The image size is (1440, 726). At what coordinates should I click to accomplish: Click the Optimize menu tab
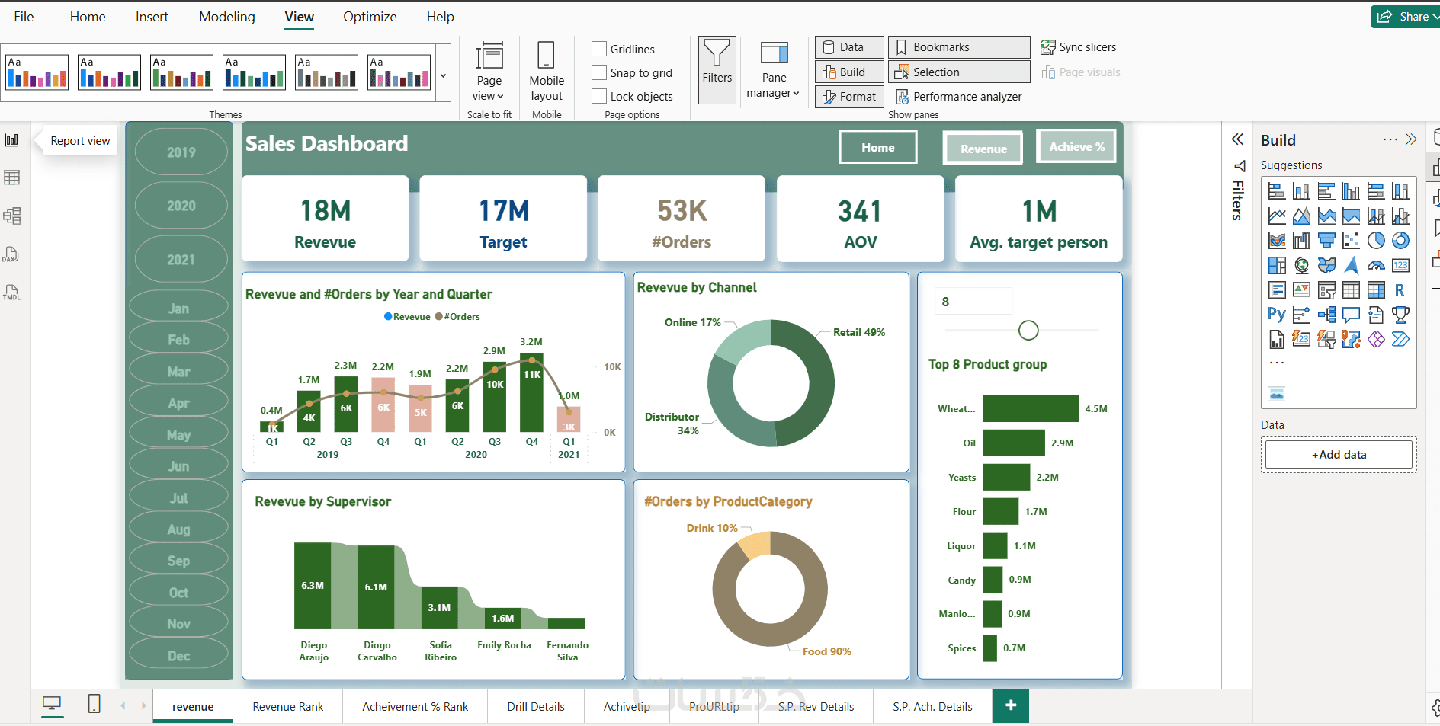pyautogui.click(x=370, y=17)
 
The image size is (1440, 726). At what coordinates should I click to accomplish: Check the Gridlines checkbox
pyautogui.click(x=600, y=49)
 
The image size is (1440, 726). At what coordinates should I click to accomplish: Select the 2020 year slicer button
pyautogui.click(x=181, y=206)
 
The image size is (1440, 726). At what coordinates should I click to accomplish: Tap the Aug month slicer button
pyautogui.click(x=179, y=529)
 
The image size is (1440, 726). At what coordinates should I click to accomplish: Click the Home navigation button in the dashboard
pyautogui.click(x=877, y=147)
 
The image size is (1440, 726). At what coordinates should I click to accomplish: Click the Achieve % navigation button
pyautogui.click(x=1076, y=146)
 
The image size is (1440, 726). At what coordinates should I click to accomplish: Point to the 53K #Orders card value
pyautogui.click(x=682, y=211)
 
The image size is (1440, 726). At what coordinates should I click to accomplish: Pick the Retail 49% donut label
pyautogui.click(x=858, y=332)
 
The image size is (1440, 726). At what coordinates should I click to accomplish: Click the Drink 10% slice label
pyautogui.click(x=712, y=528)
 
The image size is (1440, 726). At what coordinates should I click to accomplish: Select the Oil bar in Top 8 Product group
pyautogui.click(x=1013, y=443)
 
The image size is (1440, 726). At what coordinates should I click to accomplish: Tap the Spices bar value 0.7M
pyautogui.click(x=1014, y=648)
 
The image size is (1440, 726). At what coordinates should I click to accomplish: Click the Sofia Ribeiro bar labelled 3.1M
pyautogui.click(x=440, y=607)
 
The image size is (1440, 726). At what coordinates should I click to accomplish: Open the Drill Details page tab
pyautogui.click(x=536, y=707)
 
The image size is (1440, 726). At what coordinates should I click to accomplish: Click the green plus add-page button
pyautogui.click(x=1010, y=706)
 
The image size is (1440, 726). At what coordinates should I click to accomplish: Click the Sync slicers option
pyautogui.click(x=1079, y=47)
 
